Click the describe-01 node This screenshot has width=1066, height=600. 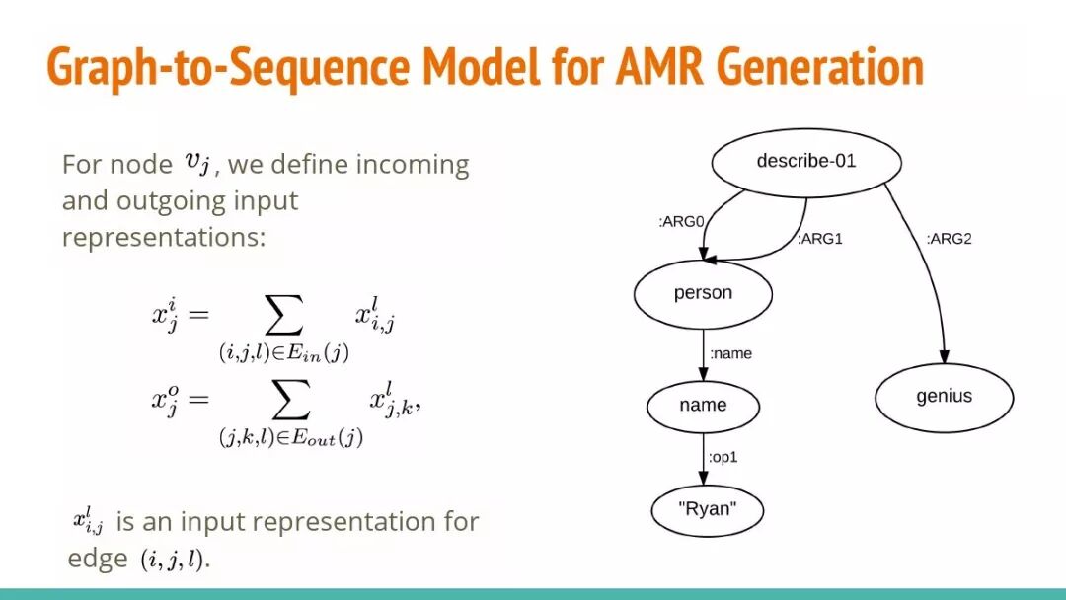coord(805,161)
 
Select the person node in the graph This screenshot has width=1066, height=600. coord(703,293)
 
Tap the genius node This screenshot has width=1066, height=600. coord(944,397)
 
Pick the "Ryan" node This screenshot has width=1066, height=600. coord(707,509)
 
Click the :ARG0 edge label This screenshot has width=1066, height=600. coord(681,223)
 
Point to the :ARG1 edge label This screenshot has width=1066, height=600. coord(820,239)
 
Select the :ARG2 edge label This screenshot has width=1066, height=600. coord(950,239)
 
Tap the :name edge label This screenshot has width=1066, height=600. coord(730,352)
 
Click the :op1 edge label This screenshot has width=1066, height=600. coord(724,458)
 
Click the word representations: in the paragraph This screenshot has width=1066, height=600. coord(164,238)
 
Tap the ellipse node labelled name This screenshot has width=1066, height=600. coord(703,405)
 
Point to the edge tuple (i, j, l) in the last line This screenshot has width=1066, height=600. coord(174,560)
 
